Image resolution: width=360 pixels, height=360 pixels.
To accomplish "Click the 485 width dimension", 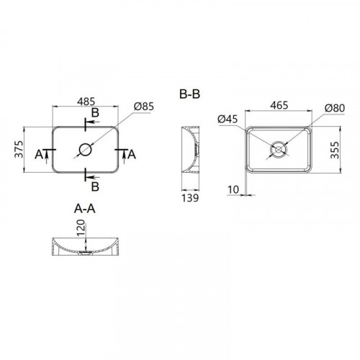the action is tap(86, 102).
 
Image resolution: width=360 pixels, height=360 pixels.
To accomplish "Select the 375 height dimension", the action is tap(19, 149).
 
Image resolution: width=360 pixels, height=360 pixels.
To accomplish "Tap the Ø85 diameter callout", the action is tap(144, 107).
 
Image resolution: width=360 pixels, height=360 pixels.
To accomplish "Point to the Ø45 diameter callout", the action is tap(228, 119).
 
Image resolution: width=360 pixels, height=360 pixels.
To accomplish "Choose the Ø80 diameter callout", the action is tap(335, 108).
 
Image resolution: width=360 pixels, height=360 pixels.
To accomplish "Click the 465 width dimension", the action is tap(279, 105).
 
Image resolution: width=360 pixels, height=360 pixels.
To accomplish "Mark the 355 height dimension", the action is tap(335, 150).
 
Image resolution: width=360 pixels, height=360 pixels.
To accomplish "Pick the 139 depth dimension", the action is tap(190, 198).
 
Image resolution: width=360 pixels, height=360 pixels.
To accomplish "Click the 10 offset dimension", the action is tap(233, 189).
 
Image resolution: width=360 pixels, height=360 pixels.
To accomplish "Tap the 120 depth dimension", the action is tap(81, 228).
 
